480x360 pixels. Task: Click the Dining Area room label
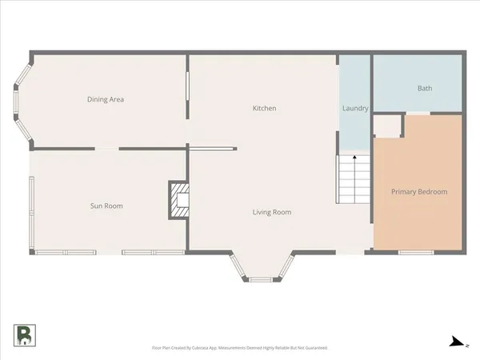pos(105,100)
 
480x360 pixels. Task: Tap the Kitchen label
pos(264,108)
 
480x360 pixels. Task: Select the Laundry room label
pos(354,108)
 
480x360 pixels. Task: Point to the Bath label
pos(424,88)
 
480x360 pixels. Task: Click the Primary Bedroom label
pos(418,192)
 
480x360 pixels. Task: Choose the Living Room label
pos(271,212)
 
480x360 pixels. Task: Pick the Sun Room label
pos(106,206)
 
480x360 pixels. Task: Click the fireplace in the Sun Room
pos(178,201)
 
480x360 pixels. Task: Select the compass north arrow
pos(457,342)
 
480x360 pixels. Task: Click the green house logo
pos(24,335)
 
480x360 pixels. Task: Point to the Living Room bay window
pos(261,278)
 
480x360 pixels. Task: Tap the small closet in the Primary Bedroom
pos(388,126)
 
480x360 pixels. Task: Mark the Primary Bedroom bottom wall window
pos(416,253)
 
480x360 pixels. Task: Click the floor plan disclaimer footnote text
pos(239,348)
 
